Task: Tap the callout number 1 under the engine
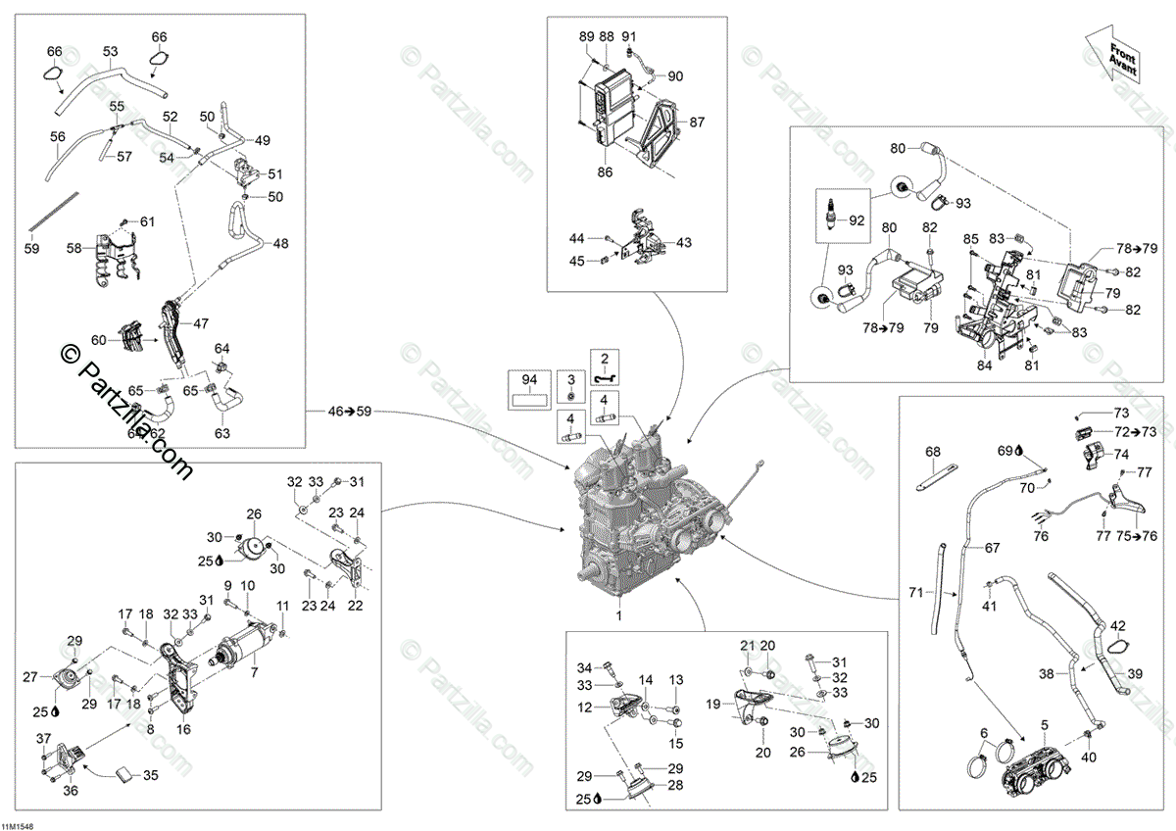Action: click(x=618, y=615)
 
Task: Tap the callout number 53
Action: click(x=110, y=51)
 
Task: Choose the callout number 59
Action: click(x=31, y=250)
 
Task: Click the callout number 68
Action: click(x=933, y=452)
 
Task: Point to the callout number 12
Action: click(x=584, y=707)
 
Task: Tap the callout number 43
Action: click(x=683, y=242)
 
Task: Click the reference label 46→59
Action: click(x=351, y=413)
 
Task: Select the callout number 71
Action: click(x=915, y=592)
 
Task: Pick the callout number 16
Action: click(x=183, y=729)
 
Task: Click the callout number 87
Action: click(x=697, y=122)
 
